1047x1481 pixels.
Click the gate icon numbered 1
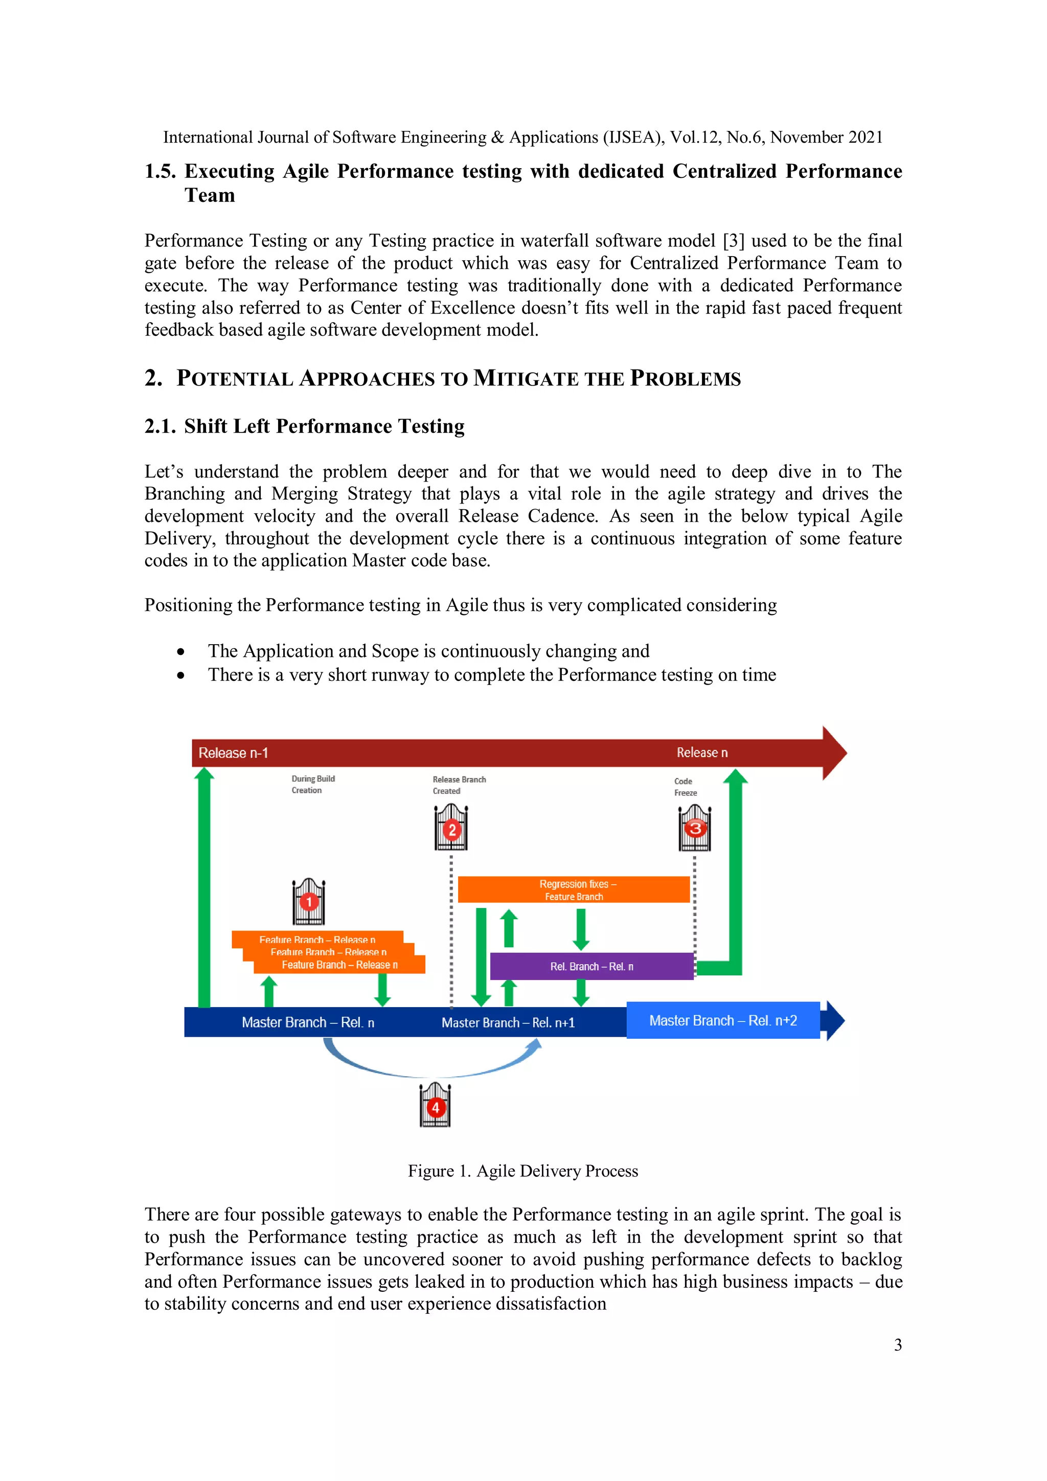308,901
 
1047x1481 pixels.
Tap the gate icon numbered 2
451,828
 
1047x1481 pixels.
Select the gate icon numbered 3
695,828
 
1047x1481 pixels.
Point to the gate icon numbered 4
436,1106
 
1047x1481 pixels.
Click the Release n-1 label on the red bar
233,753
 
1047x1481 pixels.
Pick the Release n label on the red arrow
702,753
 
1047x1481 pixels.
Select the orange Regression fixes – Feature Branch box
574,890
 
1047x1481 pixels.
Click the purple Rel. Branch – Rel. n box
591,966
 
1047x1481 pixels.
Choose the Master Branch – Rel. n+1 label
508,1022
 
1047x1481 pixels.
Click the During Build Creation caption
313,784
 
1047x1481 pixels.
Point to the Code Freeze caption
685,787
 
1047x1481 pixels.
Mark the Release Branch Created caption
459,785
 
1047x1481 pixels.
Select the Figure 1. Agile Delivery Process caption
522,1171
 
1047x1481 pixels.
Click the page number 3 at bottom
897,1345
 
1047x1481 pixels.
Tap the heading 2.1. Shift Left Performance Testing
305,426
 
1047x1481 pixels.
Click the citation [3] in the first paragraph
733,241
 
